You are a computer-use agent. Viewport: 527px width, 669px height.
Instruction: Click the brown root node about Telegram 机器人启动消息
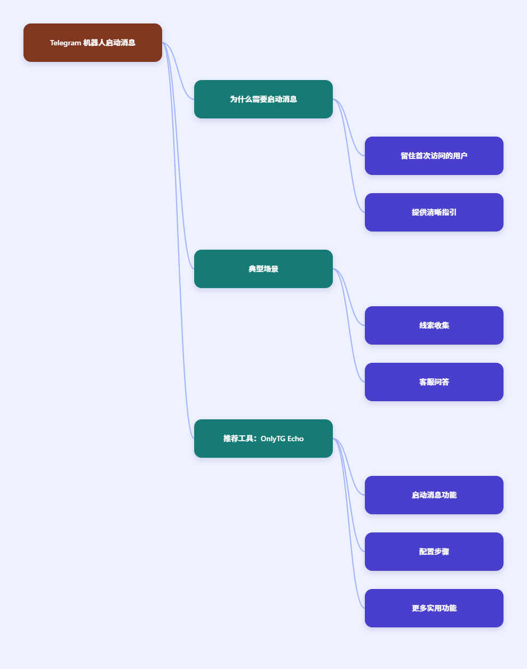coord(93,43)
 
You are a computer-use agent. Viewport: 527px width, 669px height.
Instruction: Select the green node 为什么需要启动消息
coord(263,99)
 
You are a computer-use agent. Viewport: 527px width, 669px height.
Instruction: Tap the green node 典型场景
coord(263,269)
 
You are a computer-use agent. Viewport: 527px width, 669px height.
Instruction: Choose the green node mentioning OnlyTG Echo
coord(263,439)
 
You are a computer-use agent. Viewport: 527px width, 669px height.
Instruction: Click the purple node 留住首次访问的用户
coord(434,156)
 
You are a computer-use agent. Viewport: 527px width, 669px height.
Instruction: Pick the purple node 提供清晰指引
coord(434,212)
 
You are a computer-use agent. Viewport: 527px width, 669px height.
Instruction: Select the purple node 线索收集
coord(434,325)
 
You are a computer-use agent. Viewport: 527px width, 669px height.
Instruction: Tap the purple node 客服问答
coord(434,382)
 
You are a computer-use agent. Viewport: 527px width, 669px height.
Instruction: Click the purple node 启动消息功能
coord(434,495)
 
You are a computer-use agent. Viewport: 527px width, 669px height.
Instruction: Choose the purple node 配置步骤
coord(434,552)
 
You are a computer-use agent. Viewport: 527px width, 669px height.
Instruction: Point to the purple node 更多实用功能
coord(434,608)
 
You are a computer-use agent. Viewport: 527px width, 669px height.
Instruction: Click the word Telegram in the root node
coord(65,43)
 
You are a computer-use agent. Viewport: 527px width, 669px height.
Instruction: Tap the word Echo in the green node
coord(296,439)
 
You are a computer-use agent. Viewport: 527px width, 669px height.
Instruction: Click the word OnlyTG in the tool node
coord(273,439)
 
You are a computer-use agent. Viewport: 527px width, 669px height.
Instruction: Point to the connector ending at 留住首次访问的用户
coord(349,128)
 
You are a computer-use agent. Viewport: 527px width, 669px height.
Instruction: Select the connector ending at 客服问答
coord(349,325)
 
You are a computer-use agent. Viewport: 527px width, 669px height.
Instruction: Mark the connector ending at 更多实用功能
coord(349,523)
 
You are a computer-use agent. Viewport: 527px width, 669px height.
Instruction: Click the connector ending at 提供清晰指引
coord(349,156)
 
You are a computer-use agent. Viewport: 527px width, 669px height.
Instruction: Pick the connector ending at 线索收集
coord(349,297)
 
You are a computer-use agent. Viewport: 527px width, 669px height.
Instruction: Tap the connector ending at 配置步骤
coord(349,495)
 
